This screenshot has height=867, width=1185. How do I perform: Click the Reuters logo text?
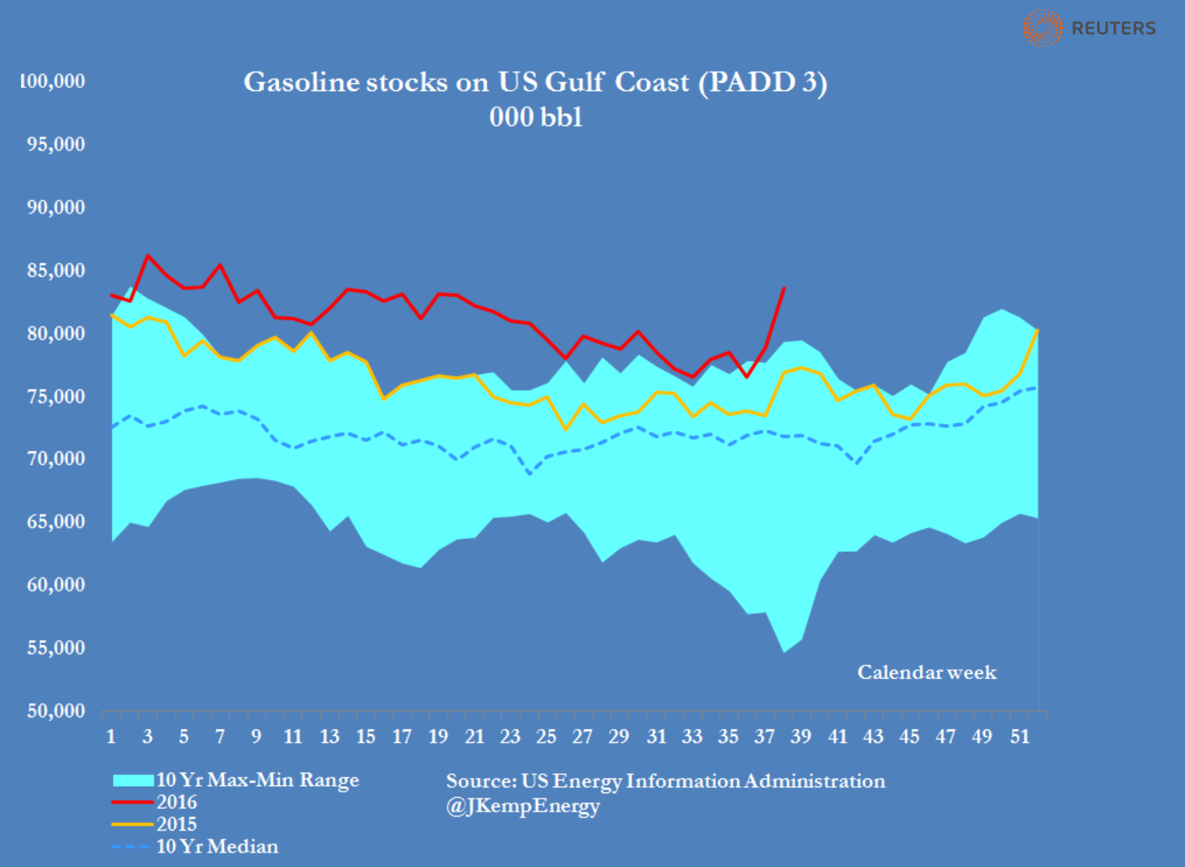(x=1113, y=28)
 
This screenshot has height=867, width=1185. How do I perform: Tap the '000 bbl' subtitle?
(x=535, y=117)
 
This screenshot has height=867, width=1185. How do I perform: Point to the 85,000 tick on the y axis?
(x=56, y=271)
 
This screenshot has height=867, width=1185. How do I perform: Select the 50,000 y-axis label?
(x=56, y=710)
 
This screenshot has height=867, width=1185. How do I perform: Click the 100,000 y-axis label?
(x=52, y=81)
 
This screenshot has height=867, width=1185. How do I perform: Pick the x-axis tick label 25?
(x=546, y=737)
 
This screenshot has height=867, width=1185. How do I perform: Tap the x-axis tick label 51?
(x=1020, y=737)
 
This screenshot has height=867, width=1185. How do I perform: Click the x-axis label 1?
(x=111, y=737)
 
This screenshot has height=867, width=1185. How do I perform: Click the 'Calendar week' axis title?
(x=926, y=672)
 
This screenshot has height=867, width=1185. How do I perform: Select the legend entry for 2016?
(x=176, y=802)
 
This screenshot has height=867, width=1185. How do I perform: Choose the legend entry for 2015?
(x=176, y=824)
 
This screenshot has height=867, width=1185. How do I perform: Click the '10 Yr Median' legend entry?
(x=216, y=847)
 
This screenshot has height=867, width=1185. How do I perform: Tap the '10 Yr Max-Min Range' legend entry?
(x=257, y=780)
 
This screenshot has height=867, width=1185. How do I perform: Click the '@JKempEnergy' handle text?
(x=522, y=806)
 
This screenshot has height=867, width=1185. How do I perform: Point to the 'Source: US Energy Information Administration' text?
(x=665, y=781)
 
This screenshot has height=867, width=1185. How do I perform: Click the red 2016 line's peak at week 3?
(x=148, y=256)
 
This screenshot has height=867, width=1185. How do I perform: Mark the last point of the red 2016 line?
(x=783, y=288)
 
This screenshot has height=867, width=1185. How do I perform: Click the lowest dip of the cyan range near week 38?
(x=783, y=652)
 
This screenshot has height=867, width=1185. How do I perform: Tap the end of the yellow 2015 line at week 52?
(x=1037, y=330)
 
